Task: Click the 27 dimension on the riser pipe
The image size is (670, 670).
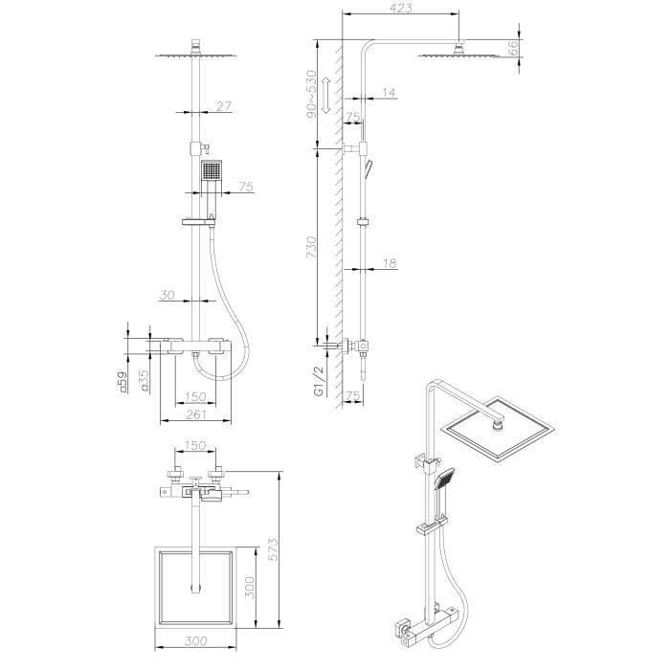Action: tap(223, 107)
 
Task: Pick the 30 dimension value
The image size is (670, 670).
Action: tap(167, 296)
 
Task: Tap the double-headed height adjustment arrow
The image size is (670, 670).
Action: tap(325, 93)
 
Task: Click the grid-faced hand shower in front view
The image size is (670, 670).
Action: tap(212, 173)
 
